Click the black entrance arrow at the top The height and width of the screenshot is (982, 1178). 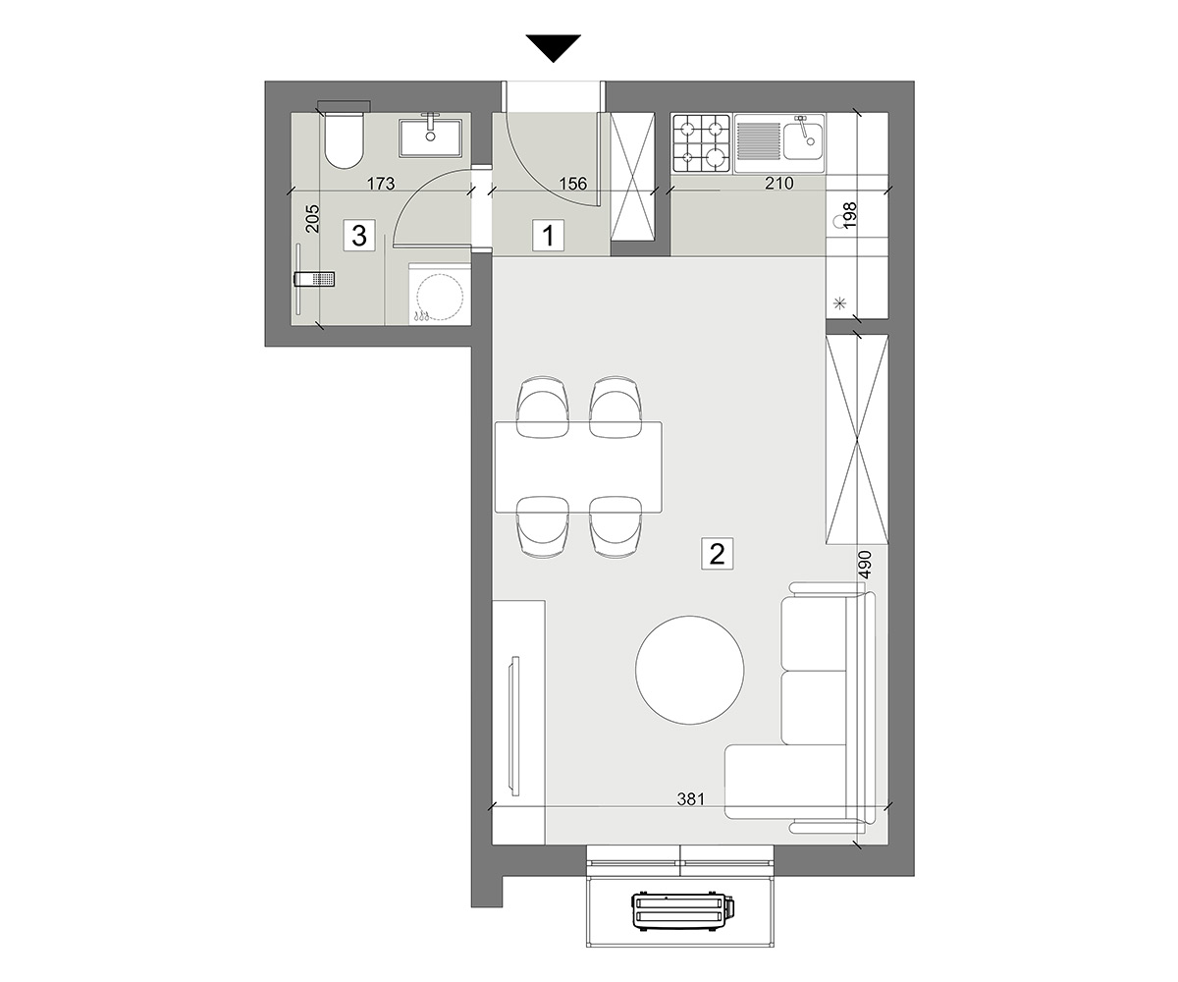coord(553,48)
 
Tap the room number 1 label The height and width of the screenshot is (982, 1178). coord(549,236)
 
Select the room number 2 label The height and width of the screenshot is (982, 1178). coord(717,554)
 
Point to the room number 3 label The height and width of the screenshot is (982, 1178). coord(359,236)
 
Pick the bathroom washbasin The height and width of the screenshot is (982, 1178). coord(431,136)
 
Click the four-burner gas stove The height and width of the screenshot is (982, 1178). coord(702,143)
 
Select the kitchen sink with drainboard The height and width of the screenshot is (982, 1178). coord(779,143)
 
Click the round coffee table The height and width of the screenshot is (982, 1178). coord(689,670)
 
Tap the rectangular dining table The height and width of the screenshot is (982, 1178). coord(578,466)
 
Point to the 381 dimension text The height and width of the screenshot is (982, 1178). coord(690,798)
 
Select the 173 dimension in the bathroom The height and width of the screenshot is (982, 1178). coord(381,184)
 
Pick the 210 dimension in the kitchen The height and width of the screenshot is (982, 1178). coord(779,183)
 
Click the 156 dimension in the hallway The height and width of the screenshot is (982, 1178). coord(572,184)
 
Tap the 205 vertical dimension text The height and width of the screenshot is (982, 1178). coord(312,218)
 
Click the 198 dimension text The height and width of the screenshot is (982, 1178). coord(850,215)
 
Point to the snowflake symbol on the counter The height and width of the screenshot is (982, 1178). coord(840,304)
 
